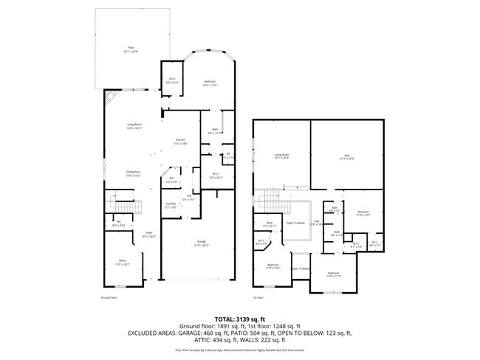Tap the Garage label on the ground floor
[x=202, y=243]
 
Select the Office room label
[x=123, y=262]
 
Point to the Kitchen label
[x=180, y=142]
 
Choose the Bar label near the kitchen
[x=171, y=180]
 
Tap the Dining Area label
[x=133, y=174]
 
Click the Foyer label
[x=148, y=235]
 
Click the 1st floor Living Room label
[x=281, y=156]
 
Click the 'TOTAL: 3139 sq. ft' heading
[x=240, y=317]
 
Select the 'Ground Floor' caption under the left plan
[x=109, y=298]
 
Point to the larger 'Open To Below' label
[x=295, y=223]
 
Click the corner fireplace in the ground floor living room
[x=110, y=99]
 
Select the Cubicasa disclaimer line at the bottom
[x=240, y=350]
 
